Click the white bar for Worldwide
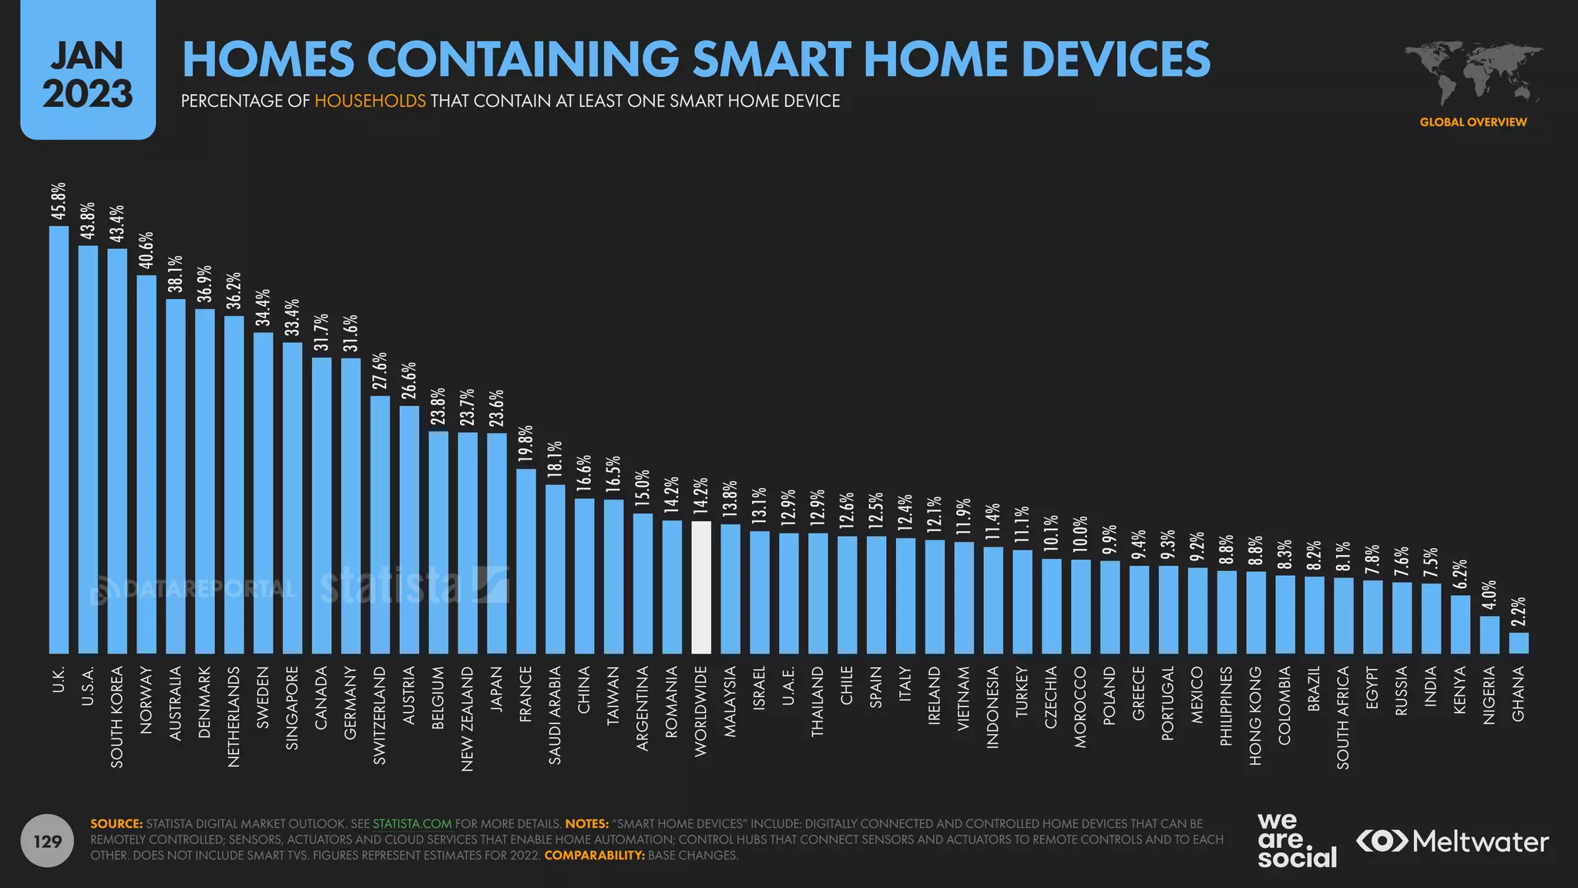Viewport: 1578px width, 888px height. (x=701, y=587)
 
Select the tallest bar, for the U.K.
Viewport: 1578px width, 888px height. (x=59, y=439)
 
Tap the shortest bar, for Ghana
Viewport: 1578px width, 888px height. (x=1519, y=643)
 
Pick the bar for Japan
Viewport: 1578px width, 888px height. (x=497, y=543)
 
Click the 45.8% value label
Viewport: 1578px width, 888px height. (x=59, y=201)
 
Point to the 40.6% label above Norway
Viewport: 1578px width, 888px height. (x=146, y=251)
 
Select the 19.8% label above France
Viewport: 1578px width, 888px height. (x=526, y=444)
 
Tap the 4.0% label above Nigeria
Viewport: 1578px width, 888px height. (x=1489, y=596)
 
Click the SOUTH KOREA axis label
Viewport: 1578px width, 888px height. (x=117, y=716)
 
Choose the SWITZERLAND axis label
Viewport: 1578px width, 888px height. (x=380, y=715)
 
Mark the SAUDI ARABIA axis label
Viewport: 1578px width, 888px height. (x=556, y=715)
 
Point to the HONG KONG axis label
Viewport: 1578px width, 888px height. (x=1256, y=715)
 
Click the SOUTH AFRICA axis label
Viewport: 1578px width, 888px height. (x=1343, y=717)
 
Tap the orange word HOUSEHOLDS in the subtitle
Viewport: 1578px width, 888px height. (x=370, y=101)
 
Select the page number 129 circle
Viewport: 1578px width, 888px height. (x=48, y=841)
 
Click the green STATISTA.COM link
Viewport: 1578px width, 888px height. (x=412, y=824)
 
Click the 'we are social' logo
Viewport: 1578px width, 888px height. (x=1297, y=840)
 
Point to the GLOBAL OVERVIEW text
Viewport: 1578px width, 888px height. (x=1473, y=122)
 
